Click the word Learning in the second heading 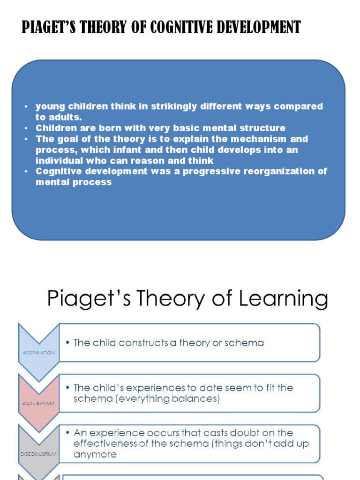click(x=283, y=299)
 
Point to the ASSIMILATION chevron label click(x=38, y=352)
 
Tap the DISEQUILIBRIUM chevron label click(x=38, y=454)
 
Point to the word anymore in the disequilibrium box click(x=95, y=454)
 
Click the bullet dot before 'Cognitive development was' click(x=27, y=171)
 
